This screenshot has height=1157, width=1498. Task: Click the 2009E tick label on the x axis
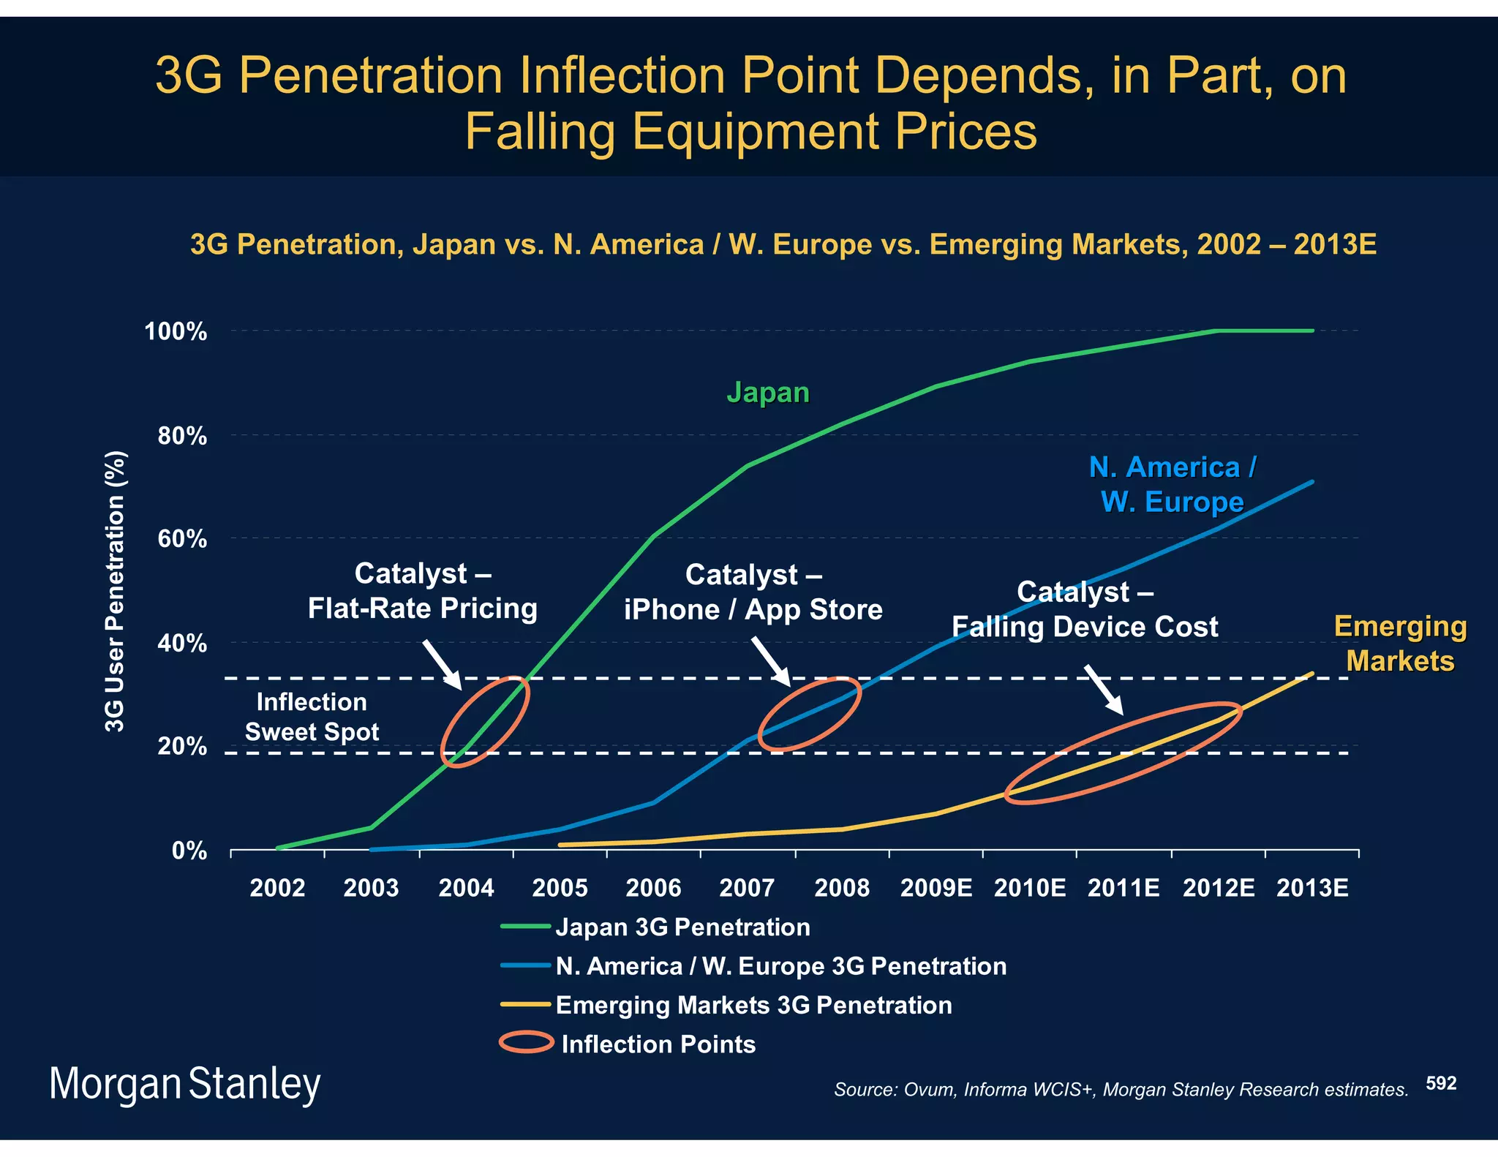click(936, 888)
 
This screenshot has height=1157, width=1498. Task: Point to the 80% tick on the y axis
click(182, 437)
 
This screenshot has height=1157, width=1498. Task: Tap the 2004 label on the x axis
click(466, 888)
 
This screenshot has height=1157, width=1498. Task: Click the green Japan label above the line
click(768, 393)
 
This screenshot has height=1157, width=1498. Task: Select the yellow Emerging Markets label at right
click(1400, 644)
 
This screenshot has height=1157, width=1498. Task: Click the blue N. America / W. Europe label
click(1172, 484)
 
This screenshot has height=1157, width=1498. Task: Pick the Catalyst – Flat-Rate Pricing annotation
click(422, 591)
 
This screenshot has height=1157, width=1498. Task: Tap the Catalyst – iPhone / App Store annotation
click(753, 592)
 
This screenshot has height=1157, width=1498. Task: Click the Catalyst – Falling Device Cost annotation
click(1085, 609)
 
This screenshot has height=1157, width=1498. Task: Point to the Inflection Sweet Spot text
click(312, 717)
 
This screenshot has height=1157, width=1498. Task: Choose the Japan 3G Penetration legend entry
click(682, 927)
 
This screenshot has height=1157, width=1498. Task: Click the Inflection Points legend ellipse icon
click(526, 1042)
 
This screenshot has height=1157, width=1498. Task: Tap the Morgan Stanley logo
click(184, 1085)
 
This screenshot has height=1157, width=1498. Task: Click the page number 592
click(1441, 1083)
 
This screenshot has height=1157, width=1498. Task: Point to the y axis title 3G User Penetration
click(116, 591)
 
